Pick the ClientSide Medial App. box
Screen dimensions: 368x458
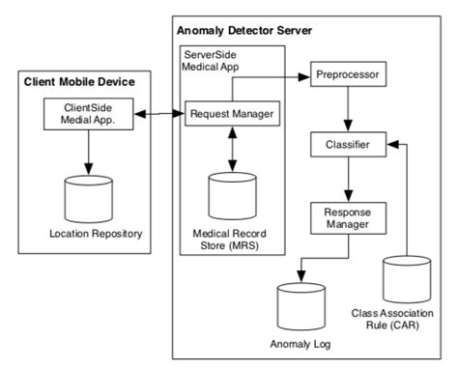87,115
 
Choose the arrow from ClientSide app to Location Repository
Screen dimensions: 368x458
87,152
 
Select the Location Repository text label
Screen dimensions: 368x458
87,235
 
